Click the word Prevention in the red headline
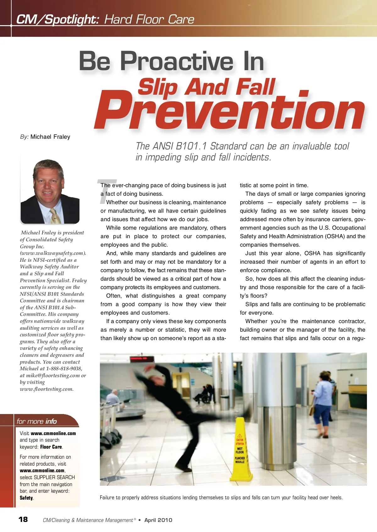point(229,112)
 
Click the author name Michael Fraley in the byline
point(50,137)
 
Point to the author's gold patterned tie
point(56,216)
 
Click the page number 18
point(23,519)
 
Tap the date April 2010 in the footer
point(158,520)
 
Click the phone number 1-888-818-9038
point(64,368)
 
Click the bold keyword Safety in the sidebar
point(26,498)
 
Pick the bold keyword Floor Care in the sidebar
point(51,447)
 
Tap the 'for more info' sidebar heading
point(37,421)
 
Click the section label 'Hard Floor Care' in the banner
point(149,20)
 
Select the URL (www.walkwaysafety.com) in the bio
point(53,253)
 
